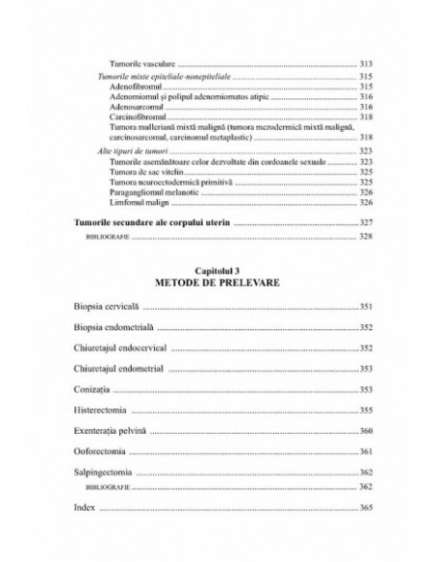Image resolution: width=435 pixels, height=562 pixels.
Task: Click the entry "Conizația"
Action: point(92,390)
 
